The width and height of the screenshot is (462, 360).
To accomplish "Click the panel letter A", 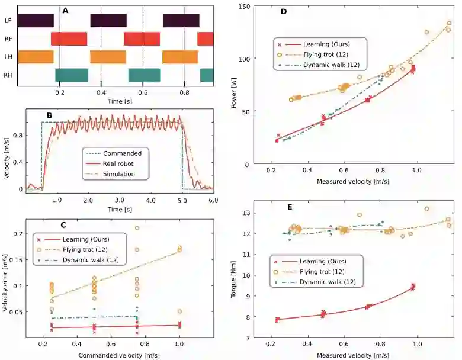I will pyautogui.click(x=65, y=10).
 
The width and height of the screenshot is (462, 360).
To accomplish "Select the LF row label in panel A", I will pyautogui.click(x=8, y=20).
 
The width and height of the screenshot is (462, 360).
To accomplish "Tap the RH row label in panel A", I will pyautogui.click(x=8, y=75).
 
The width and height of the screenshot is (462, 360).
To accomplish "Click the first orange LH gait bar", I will pyautogui.click(x=36, y=57).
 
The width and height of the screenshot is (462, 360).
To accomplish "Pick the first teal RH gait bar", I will pyautogui.click(x=71, y=75).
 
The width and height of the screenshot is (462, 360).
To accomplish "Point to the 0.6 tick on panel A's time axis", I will pyautogui.click(x=143, y=93).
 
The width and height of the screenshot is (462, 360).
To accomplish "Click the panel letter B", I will pyautogui.click(x=49, y=114).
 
